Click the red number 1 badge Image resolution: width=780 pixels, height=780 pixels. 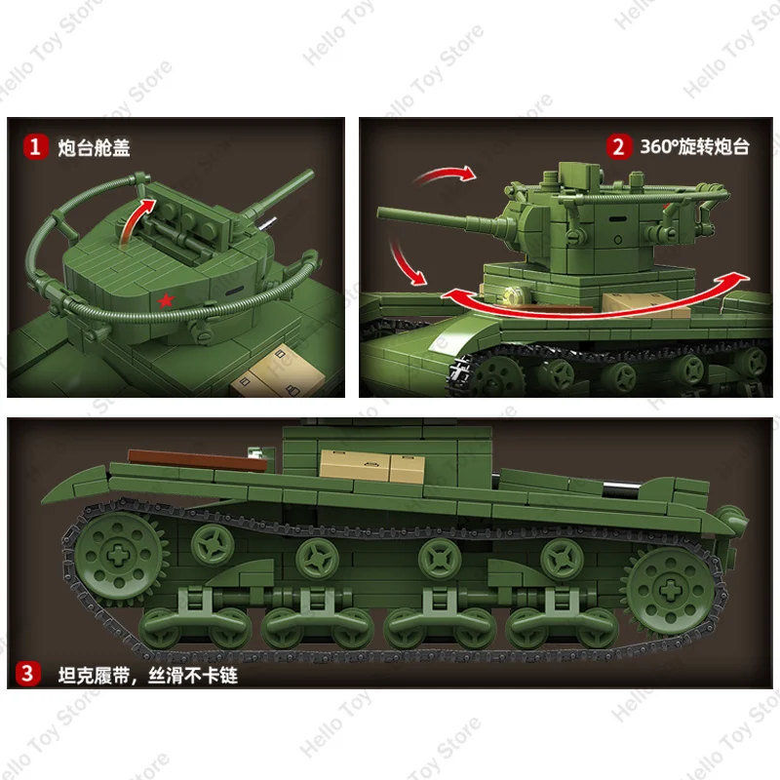pyautogui.click(x=36, y=147)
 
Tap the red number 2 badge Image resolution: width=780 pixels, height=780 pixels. pyautogui.click(x=617, y=147)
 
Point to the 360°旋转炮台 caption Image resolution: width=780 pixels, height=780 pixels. pyautogui.click(x=694, y=147)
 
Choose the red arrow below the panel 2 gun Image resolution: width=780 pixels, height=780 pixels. pyautogui.click(x=408, y=261)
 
